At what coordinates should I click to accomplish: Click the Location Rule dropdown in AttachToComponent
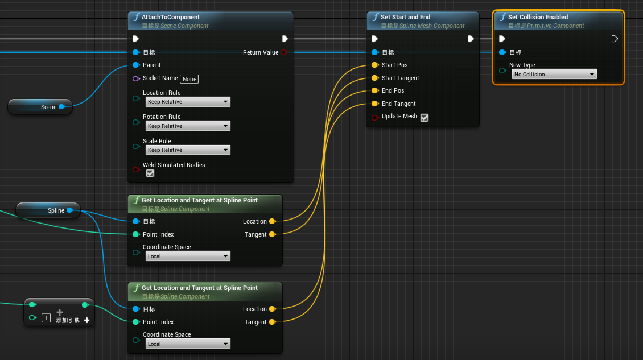point(187,102)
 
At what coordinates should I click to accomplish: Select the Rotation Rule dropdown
point(187,126)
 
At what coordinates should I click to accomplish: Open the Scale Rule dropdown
point(187,150)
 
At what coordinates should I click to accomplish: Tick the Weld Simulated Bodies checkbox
point(150,173)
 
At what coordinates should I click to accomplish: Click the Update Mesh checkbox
point(424,117)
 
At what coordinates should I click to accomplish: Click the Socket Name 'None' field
point(189,79)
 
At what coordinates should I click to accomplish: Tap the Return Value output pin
point(284,52)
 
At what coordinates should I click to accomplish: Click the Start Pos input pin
point(374,65)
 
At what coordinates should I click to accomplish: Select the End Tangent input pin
point(374,104)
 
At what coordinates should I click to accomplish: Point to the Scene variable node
point(40,106)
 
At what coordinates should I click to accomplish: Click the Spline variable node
point(48,210)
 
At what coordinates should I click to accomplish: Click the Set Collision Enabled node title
point(538,17)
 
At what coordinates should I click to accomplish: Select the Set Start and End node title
point(405,17)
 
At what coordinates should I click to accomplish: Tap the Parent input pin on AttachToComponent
point(135,65)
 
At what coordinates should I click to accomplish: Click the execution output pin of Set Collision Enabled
point(615,39)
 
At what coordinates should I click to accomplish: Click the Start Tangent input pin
point(374,78)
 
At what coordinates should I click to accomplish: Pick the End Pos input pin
point(374,90)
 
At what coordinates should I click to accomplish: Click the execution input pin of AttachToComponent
point(135,39)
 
